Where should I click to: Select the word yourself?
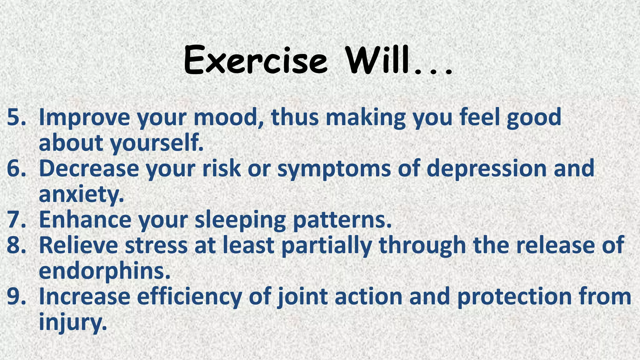(x=156, y=143)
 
